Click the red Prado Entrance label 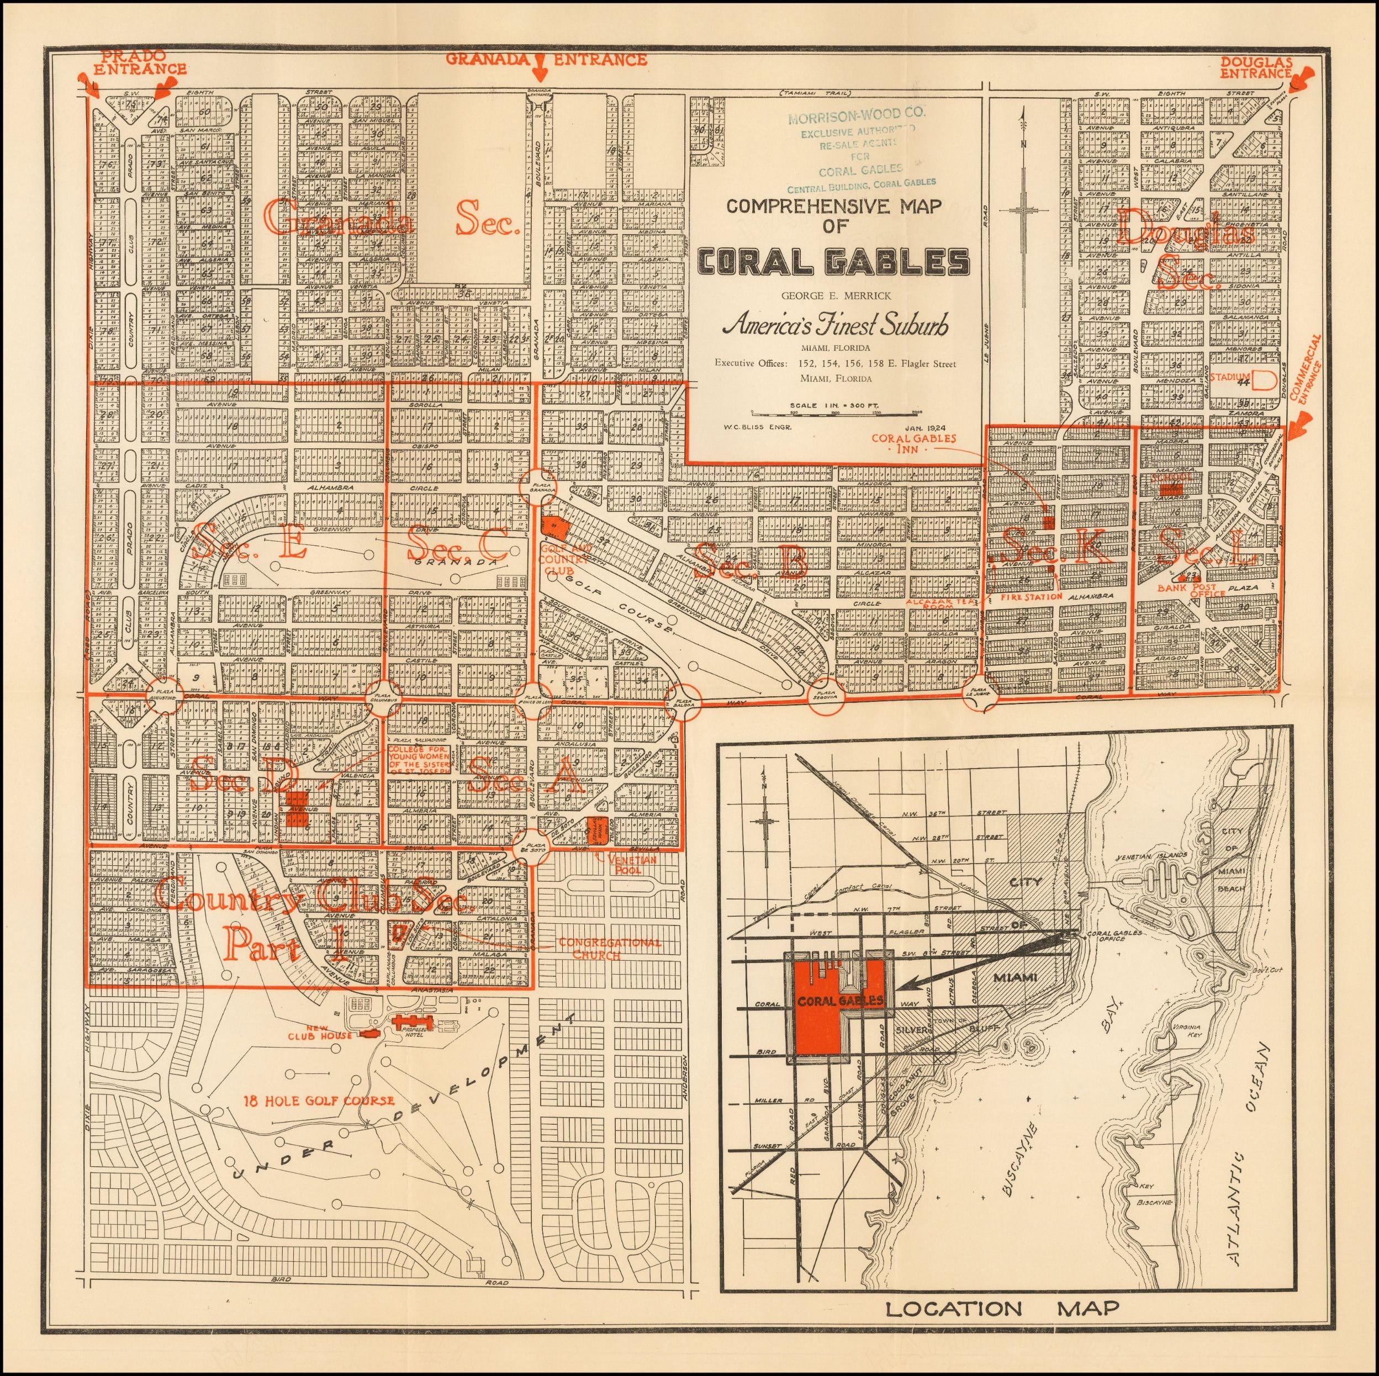(x=139, y=63)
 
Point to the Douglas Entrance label (x=1255, y=68)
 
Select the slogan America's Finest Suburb (x=835, y=325)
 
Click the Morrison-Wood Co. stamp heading (x=857, y=113)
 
